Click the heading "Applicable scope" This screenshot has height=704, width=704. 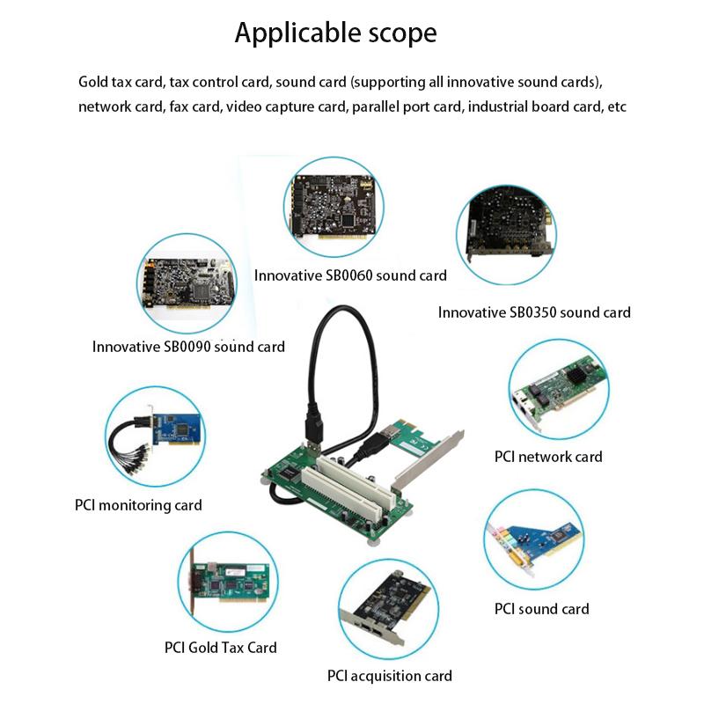(335, 33)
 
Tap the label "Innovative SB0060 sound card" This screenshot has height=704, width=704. (350, 275)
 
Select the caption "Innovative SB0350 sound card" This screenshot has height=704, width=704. (534, 312)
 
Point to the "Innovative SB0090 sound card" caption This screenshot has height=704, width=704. (188, 347)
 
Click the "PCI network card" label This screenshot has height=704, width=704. (547, 457)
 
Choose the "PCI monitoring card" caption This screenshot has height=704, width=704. (138, 505)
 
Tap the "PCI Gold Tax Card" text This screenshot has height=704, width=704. (220, 648)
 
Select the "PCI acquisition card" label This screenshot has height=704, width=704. (389, 676)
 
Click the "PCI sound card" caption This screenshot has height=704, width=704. (541, 609)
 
